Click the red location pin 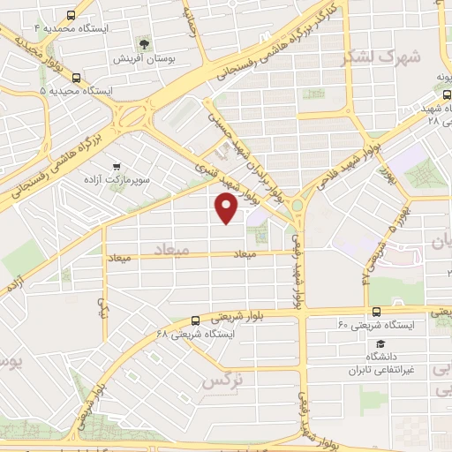(227, 207)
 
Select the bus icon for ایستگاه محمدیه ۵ (76, 77)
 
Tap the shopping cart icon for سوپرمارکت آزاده (116, 165)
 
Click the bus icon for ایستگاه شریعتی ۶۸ (195, 320)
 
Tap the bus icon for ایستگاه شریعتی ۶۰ (377, 311)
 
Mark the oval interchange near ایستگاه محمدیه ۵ (132, 114)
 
